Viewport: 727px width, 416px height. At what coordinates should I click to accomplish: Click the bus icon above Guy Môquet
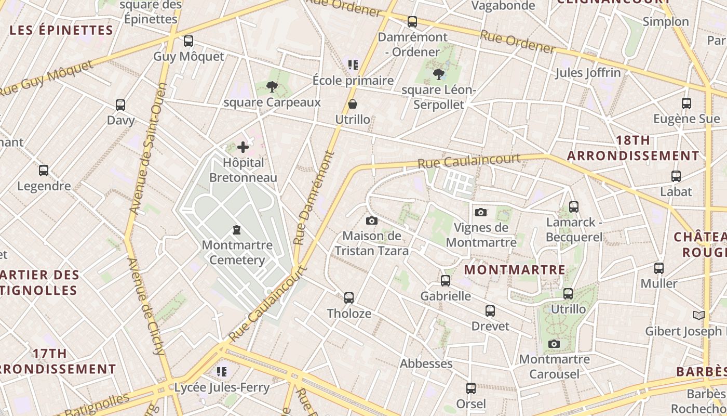tap(189, 41)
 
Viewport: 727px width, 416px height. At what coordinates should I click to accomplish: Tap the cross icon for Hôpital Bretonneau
tap(243, 147)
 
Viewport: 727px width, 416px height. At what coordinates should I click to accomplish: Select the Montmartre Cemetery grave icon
tap(237, 229)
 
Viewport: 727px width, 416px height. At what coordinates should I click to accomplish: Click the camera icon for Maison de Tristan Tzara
tap(371, 220)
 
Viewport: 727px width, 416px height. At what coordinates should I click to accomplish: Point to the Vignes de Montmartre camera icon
tap(481, 212)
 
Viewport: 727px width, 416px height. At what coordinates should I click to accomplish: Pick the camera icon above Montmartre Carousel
tap(554, 344)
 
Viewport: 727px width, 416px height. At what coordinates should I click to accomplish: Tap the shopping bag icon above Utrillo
tap(353, 104)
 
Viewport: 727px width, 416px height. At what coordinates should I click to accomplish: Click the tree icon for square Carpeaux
tap(272, 87)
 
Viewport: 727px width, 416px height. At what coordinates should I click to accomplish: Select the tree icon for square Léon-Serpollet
tap(439, 74)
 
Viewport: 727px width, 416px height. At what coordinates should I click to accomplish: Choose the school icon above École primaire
tap(353, 65)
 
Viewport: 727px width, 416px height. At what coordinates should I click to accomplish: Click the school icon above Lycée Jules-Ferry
tap(222, 372)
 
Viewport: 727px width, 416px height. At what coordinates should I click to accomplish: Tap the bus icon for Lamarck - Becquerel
tap(574, 207)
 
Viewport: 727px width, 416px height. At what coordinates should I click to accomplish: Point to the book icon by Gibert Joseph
tap(699, 316)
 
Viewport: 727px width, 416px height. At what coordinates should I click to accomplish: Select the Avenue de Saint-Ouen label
tap(147, 156)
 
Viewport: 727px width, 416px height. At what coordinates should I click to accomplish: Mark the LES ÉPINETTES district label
tap(61, 30)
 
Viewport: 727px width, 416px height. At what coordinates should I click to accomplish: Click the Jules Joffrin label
tap(588, 72)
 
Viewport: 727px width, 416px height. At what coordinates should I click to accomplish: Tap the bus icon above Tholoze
tap(349, 298)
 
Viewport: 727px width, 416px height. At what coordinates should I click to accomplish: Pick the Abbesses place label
tap(426, 363)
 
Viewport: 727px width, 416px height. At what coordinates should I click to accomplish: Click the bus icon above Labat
tap(676, 176)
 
